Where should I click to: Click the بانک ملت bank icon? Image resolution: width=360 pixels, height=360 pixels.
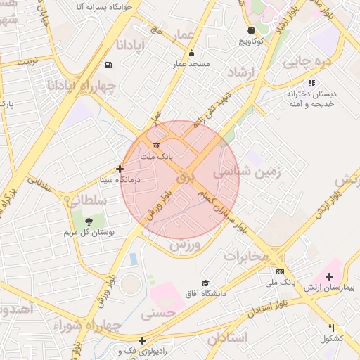[x=155, y=146]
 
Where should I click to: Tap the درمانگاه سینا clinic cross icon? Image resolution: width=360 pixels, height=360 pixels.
[x=120, y=169]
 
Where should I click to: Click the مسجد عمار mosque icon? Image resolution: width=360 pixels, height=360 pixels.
[x=192, y=53]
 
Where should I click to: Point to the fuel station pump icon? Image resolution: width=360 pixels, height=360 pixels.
[x=108, y=65]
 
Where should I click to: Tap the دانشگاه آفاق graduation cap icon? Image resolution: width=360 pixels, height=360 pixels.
[x=205, y=283]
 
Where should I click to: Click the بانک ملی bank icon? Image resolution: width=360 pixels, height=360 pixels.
[x=281, y=271]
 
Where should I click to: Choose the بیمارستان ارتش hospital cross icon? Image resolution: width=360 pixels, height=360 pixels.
[x=330, y=276]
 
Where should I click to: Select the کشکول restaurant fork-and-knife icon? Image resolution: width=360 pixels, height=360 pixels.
[x=331, y=328]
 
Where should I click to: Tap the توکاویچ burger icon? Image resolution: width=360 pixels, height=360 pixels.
[x=252, y=30]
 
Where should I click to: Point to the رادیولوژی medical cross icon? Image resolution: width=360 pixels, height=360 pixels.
[x=143, y=340]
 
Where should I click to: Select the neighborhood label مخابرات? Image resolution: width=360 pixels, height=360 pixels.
[x=246, y=255]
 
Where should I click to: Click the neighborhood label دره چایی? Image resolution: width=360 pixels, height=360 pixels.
[x=307, y=62]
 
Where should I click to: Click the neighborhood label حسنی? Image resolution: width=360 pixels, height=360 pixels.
[x=157, y=314]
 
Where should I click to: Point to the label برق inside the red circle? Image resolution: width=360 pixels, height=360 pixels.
[x=184, y=178]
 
